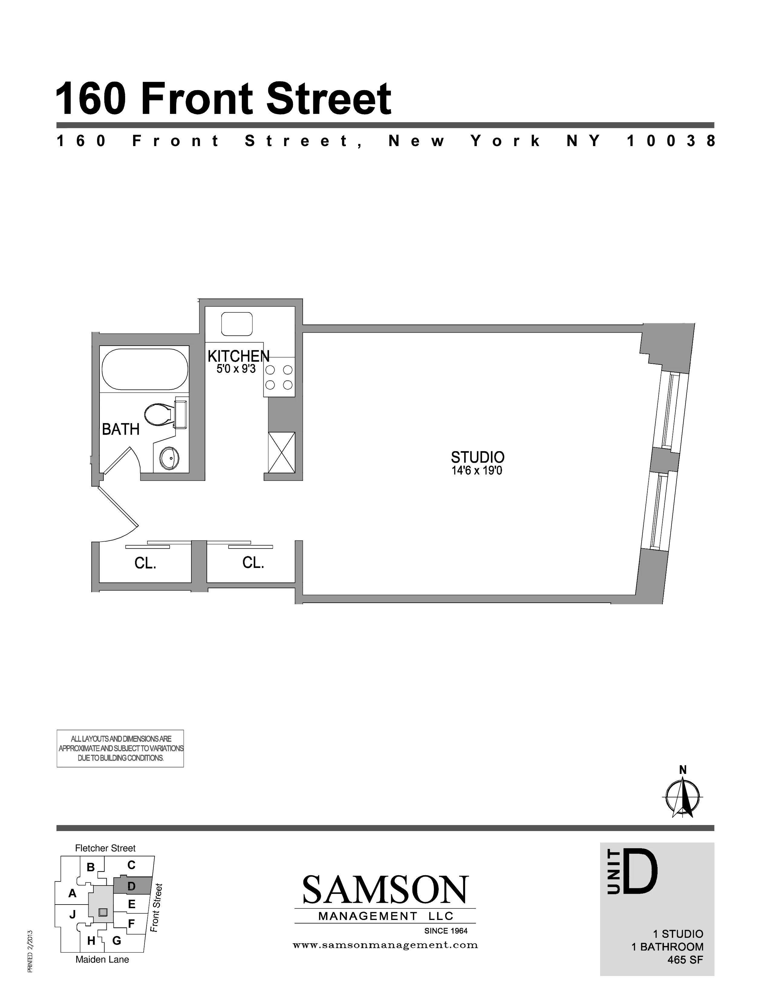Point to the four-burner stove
(x=279, y=377)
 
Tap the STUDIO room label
(x=477, y=457)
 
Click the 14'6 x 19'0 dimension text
(x=477, y=471)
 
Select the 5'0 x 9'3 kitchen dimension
(x=236, y=368)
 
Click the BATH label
(x=121, y=429)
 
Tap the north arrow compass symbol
(x=682, y=797)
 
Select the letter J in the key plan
(x=72, y=914)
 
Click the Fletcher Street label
(x=105, y=848)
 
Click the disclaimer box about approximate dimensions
(x=120, y=748)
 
